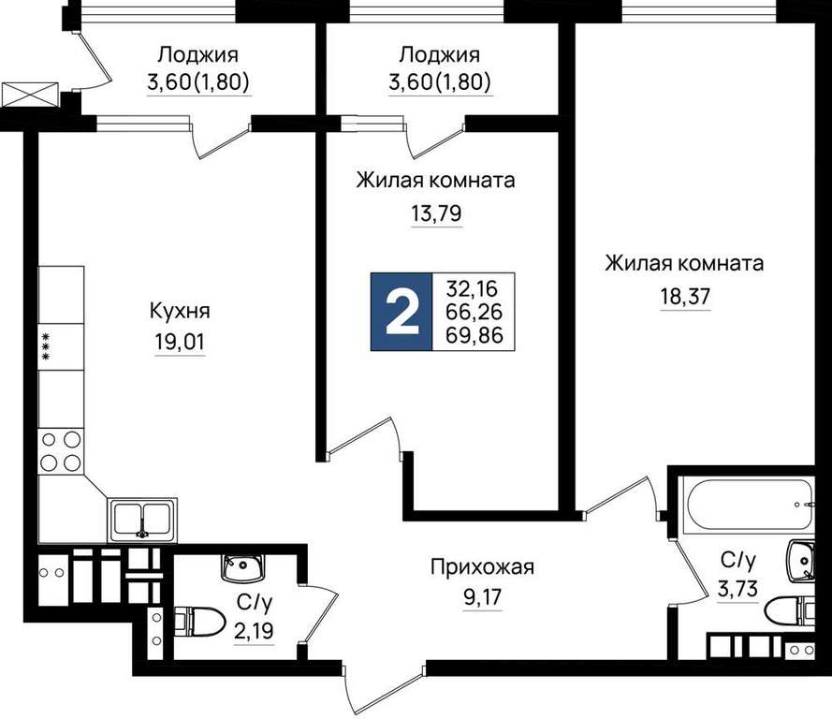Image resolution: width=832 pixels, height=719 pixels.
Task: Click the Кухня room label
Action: [180, 311]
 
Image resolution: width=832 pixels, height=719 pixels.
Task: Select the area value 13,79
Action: [436, 213]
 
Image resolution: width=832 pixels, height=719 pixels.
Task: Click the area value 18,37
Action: [684, 296]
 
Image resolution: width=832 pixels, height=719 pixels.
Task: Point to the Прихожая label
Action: [482, 567]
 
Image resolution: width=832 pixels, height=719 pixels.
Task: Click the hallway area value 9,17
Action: [482, 597]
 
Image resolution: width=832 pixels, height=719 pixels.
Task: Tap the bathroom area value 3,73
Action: [737, 589]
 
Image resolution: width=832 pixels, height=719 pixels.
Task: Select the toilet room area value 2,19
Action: [255, 631]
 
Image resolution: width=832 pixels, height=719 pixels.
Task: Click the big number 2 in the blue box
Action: [401, 312]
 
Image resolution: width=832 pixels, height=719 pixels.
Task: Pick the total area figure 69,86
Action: [474, 335]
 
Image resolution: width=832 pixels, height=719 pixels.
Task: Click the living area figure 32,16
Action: [473, 288]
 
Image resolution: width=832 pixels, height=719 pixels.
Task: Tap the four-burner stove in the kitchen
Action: [61, 451]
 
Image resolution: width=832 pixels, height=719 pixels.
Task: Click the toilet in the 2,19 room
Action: [200, 622]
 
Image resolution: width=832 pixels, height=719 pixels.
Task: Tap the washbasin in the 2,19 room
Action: [242, 568]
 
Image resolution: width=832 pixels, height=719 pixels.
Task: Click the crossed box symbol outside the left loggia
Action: [30, 95]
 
